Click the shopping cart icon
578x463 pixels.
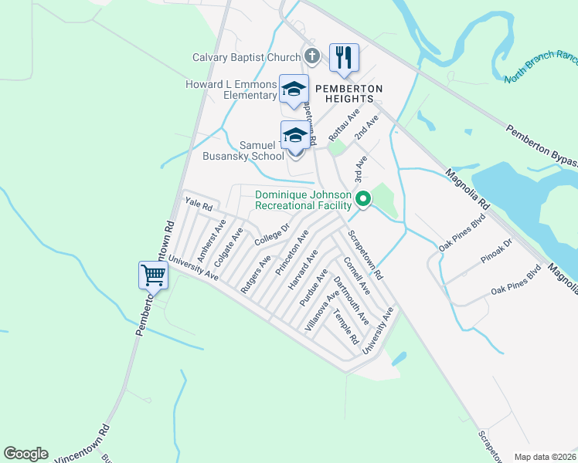point(153,275)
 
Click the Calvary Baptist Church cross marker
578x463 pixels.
point(311,56)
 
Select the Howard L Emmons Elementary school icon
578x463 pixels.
point(294,89)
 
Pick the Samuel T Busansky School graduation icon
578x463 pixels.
point(294,136)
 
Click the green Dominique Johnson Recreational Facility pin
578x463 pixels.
point(363,200)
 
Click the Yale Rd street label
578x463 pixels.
point(199,205)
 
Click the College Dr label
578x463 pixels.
point(271,234)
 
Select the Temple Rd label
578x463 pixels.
point(346,327)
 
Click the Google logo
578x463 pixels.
point(25,454)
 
